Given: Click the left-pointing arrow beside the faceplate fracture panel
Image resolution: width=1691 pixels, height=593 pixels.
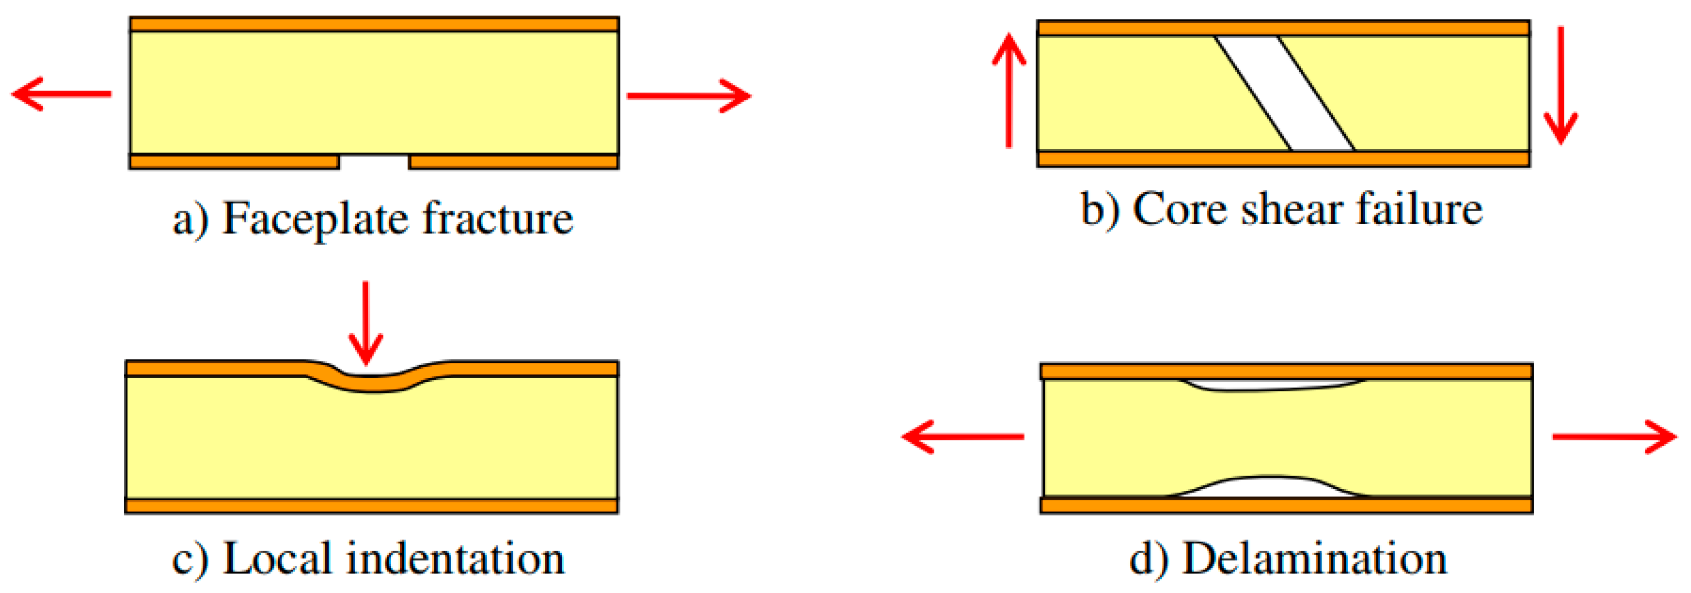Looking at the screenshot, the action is (x=62, y=94).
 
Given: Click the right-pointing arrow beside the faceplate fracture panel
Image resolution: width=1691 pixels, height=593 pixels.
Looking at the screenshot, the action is (x=689, y=96).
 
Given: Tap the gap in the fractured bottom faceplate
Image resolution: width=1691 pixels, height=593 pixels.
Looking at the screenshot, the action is (x=374, y=162).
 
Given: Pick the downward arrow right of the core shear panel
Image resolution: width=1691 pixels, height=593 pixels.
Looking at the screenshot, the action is (x=1560, y=85).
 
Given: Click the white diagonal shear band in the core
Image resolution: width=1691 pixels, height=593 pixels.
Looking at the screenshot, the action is (x=1285, y=93).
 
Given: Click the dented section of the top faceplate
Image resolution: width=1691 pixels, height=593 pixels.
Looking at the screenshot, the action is (x=371, y=383).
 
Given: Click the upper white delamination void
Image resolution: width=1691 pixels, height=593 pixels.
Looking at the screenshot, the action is (x=1273, y=385).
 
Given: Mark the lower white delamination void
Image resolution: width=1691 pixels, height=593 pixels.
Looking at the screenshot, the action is (x=1270, y=487).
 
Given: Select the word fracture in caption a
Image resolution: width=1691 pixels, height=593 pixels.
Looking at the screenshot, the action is (x=498, y=218).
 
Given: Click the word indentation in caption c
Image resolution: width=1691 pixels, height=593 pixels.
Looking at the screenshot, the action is (x=455, y=559).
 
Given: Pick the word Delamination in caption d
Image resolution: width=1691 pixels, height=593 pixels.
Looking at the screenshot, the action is (x=1314, y=559).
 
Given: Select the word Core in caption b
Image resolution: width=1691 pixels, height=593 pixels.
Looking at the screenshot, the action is (x=1180, y=211).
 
